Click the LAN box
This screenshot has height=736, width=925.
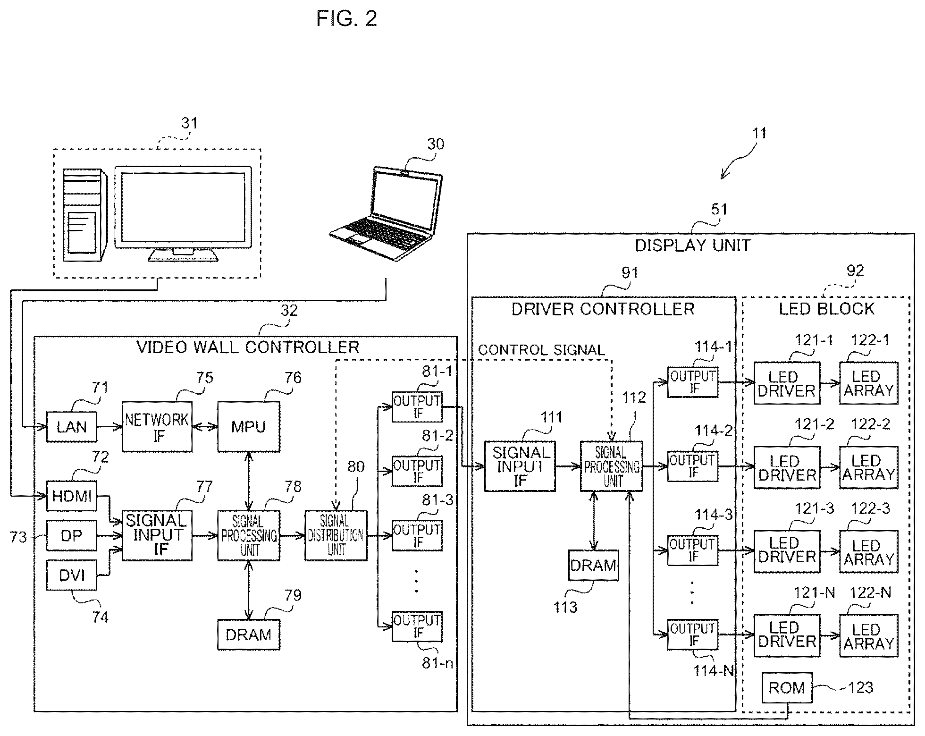(72, 427)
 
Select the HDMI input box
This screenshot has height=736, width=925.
(72, 496)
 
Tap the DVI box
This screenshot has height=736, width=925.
(72, 575)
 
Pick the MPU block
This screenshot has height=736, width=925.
(249, 427)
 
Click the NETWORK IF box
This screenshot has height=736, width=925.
(157, 427)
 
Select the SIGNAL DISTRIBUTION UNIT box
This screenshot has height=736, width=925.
(336, 535)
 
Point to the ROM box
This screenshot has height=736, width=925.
(787, 688)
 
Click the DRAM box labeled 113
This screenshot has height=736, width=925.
(593, 565)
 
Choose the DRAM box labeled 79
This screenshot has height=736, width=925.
(249, 634)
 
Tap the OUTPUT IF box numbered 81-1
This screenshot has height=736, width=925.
(417, 406)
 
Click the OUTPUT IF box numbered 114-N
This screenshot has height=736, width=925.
(693, 634)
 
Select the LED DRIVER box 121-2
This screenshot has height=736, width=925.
(787, 468)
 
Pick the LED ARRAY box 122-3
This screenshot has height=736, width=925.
(868, 552)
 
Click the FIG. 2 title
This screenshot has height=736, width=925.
(347, 19)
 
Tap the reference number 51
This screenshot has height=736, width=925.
(719, 209)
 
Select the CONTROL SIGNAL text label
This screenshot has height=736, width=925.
(541, 350)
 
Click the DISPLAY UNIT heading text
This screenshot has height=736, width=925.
(693, 245)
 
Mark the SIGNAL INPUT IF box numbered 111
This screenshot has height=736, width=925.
(520, 466)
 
